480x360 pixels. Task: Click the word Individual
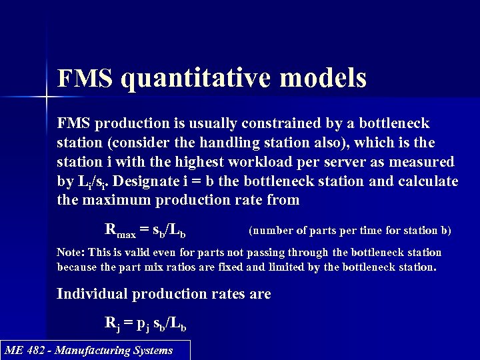92,294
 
